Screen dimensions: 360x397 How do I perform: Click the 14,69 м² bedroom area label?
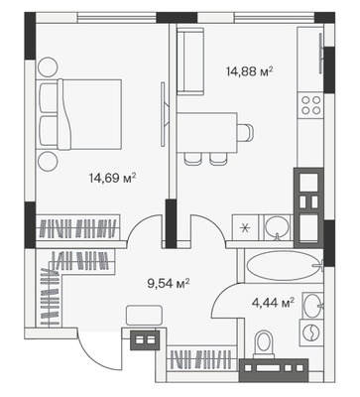pyautogui.click(x=112, y=179)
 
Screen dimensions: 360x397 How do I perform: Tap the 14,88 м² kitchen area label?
pyautogui.click(x=250, y=71)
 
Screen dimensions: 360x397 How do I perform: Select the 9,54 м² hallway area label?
pyautogui.click(x=169, y=283)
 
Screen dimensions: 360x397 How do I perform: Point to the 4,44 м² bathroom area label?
pyautogui.click(x=273, y=303)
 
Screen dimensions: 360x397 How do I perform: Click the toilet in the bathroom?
pyautogui.click(x=264, y=344)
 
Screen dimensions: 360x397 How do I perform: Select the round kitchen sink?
pyautogui.click(x=278, y=226)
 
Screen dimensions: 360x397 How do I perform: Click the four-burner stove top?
pyautogui.click(x=311, y=105)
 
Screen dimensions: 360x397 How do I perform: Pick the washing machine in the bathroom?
pyautogui.click(x=311, y=332)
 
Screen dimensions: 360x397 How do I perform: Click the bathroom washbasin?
pyautogui.click(x=312, y=304)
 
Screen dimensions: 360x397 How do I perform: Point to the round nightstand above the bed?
pyautogui.click(x=48, y=66)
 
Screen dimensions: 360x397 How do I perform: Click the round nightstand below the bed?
pyautogui.click(x=48, y=162)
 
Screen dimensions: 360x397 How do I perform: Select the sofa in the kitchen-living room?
pyautogui.click(x=190, y=62)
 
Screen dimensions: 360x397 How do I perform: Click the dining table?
pyautogui.click(x=207, y=132)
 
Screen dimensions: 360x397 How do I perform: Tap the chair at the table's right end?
pyautogui.click(x=246, y=132)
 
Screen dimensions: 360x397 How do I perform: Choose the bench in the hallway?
pyautogui.click(x=144, y=316)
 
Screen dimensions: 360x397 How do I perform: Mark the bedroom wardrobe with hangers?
pyautogui.click(x=77, y=227)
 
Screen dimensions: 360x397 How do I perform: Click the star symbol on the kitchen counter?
pyautogui.click(x=245, y=228)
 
